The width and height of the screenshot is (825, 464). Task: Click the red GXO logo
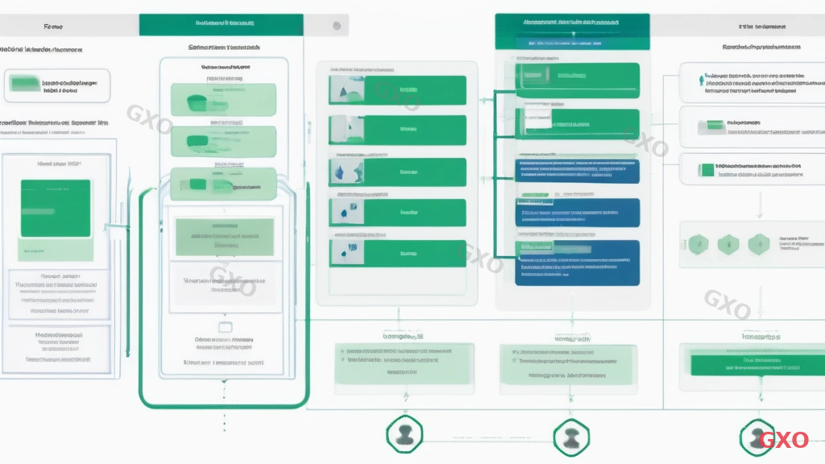[784, 440]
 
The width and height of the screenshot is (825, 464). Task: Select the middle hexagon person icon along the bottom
[570, 437]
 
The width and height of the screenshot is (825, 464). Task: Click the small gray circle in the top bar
[336, 26]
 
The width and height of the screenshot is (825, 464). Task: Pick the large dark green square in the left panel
[56, 208]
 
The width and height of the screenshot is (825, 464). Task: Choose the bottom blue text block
[577, 263]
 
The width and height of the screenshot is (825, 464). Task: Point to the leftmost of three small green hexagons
[699, 243]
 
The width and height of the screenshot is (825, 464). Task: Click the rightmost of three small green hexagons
[756, 243]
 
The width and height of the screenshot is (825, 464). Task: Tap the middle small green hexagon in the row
[728, 243]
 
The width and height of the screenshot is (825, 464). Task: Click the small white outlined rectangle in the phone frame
[226, 327]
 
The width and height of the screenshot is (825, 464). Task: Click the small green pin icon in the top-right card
[698, 80]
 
